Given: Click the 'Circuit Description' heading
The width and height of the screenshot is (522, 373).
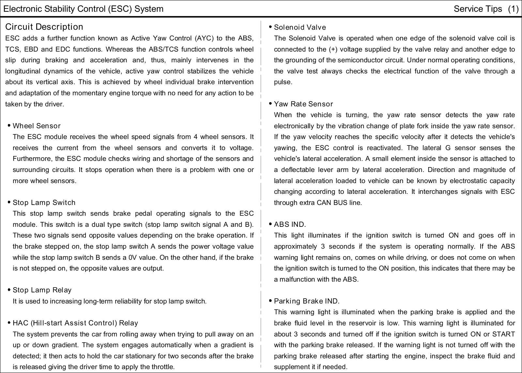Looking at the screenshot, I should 44,27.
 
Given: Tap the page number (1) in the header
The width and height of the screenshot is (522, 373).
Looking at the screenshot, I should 513,9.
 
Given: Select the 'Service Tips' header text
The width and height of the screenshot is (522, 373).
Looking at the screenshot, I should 478,9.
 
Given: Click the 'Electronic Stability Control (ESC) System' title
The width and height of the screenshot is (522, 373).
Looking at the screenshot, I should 83,9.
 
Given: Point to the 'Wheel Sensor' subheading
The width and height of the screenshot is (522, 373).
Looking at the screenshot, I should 37,126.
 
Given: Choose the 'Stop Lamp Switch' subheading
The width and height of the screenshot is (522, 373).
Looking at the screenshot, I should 44,203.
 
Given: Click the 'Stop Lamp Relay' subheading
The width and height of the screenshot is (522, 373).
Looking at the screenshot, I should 42,290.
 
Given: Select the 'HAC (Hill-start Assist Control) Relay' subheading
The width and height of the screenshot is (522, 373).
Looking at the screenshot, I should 75,323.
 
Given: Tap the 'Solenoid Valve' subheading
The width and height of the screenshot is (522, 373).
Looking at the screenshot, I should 300,27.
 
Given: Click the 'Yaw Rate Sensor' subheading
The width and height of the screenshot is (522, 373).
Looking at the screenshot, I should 303,104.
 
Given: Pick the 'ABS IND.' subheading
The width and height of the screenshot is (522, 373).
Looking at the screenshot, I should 290,225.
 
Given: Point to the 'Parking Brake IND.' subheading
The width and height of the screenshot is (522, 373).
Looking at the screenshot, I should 307,301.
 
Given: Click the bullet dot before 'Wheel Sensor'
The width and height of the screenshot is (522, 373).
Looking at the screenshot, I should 9,126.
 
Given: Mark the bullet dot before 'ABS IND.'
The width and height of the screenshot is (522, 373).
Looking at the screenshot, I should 270,224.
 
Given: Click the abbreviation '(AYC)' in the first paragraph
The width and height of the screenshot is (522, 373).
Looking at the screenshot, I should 204,38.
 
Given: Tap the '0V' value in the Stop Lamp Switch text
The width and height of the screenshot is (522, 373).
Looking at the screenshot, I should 132,257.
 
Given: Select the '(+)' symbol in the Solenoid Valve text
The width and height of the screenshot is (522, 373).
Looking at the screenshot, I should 333,49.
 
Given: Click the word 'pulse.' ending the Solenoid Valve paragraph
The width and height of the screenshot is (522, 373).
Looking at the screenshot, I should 283,82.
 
